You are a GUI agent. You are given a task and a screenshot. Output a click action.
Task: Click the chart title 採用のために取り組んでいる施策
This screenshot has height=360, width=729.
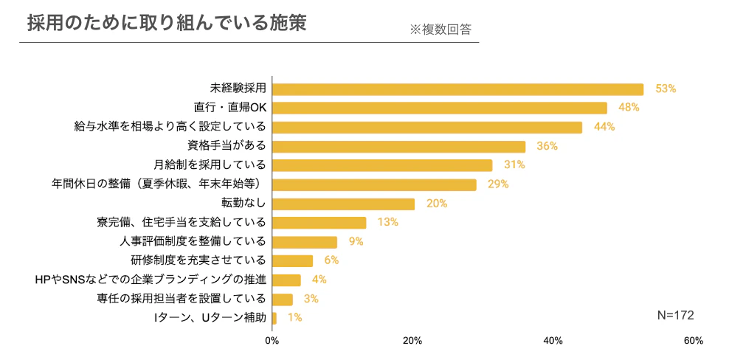[166, 22]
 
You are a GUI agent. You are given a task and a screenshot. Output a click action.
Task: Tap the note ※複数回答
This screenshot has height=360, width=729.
[440, 30]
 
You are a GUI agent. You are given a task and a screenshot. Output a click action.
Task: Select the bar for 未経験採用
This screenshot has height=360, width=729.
[457, 89]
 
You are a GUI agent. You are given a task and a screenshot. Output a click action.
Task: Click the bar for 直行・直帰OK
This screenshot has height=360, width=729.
[440, 108]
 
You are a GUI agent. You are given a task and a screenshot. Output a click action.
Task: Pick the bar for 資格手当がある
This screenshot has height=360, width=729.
[398, 147]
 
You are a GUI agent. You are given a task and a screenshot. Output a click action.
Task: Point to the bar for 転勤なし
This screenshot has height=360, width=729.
[343, 204]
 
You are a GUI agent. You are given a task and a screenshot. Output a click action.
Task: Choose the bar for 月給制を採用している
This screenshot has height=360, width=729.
[382, 165]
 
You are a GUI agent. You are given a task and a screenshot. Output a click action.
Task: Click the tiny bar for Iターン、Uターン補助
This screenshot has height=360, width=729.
[274, 318]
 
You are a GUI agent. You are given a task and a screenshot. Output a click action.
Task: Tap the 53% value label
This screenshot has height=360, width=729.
[666, 89]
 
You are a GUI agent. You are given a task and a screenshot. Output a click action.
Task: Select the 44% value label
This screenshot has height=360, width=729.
[604, 127]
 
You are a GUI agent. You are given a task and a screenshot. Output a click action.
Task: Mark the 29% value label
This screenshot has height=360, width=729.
[498, 184]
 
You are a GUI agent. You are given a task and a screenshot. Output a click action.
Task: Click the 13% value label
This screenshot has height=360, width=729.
[388, 222]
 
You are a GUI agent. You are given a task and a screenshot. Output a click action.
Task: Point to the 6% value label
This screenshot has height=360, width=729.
[331, 260]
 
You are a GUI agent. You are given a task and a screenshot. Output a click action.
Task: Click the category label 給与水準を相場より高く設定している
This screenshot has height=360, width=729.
[170, 127]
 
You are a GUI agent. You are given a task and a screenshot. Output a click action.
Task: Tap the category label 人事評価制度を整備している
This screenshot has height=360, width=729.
[193, 241]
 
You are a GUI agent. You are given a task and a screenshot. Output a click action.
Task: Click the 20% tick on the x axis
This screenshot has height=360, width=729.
[412, 341]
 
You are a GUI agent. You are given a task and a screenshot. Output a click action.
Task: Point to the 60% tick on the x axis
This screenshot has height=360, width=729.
[693, 341]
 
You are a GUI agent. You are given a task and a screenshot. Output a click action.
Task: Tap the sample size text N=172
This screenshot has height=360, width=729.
[675, 315]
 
